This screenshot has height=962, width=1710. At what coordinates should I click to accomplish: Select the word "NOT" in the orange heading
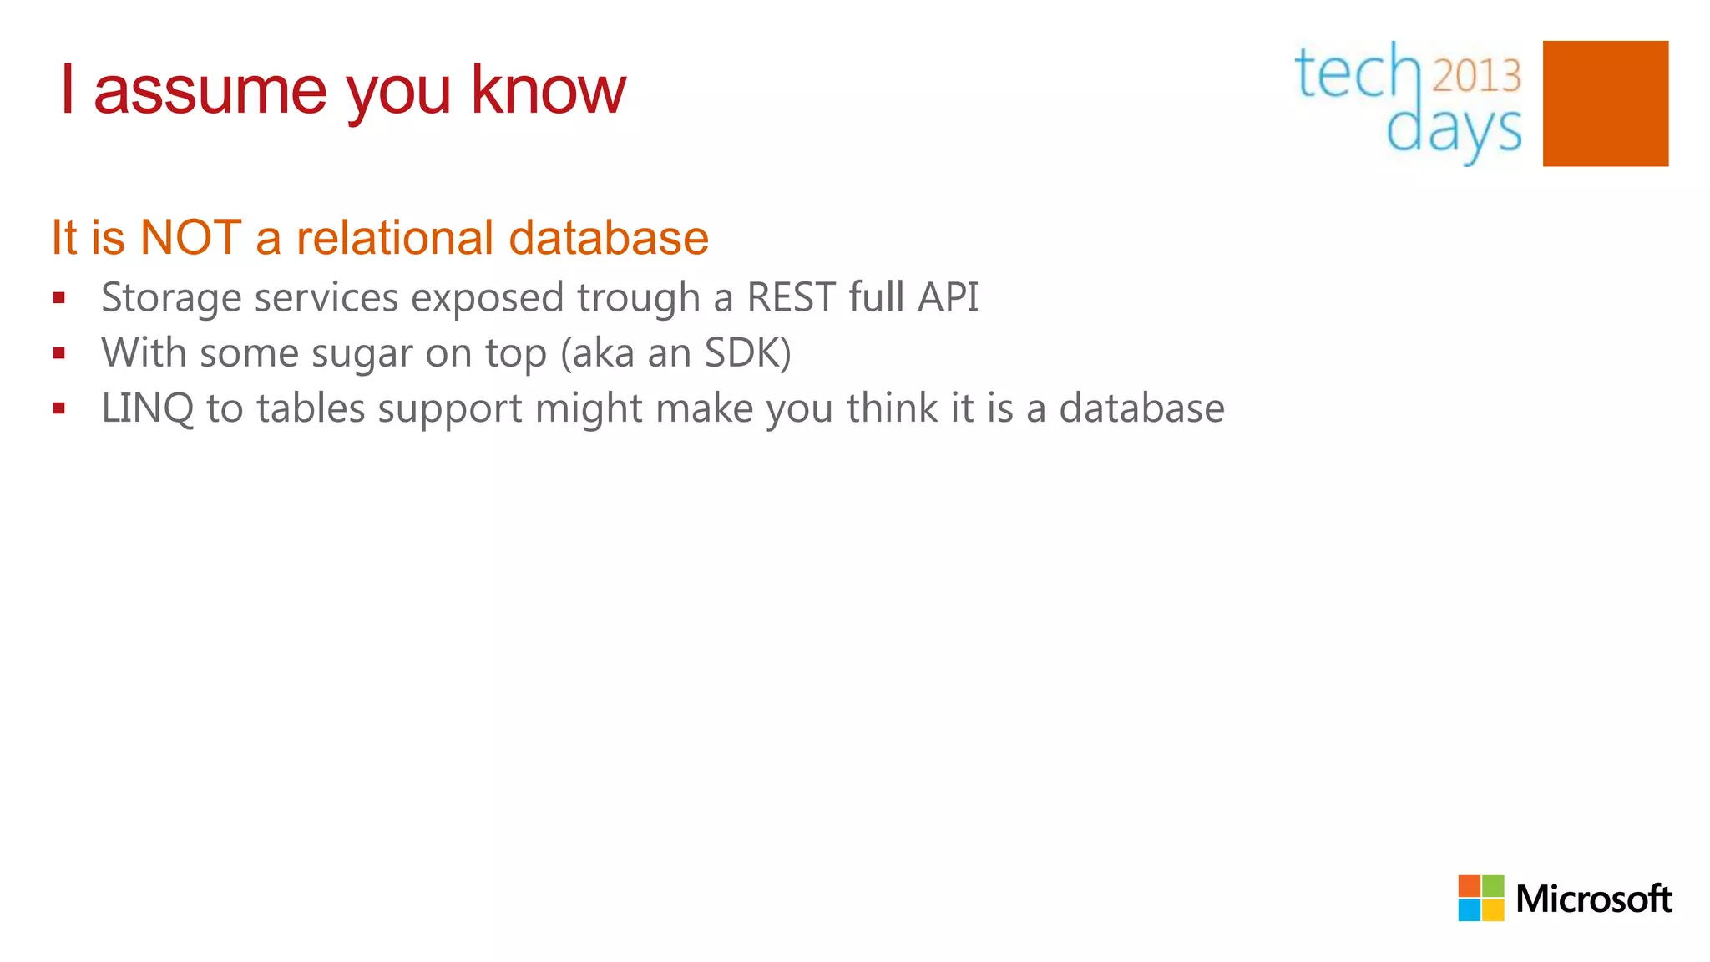coord(190,237)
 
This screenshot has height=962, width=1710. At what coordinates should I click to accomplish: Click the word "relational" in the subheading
coord(395,237)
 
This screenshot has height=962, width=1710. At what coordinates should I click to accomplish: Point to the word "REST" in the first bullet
coord(791,297)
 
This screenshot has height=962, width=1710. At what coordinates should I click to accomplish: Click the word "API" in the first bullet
coord(948,297)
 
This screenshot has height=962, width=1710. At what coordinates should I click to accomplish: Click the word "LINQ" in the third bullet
coord(148,409)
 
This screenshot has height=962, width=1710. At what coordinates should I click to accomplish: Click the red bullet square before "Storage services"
coord(58,298)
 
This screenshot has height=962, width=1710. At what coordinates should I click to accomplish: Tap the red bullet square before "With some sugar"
coord(58,353)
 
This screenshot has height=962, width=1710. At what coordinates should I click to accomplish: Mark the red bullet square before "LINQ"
coord(58,408)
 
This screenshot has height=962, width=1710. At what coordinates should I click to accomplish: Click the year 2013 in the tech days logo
coord(1477,76)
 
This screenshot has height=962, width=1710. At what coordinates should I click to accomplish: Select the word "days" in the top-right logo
coord(1453,131)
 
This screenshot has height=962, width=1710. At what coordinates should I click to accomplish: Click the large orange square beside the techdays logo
coord(1605,104)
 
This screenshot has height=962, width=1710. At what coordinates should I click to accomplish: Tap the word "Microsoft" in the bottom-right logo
coord(1593,899)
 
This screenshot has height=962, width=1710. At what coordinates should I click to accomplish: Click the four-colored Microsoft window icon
coord(1480,899)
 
